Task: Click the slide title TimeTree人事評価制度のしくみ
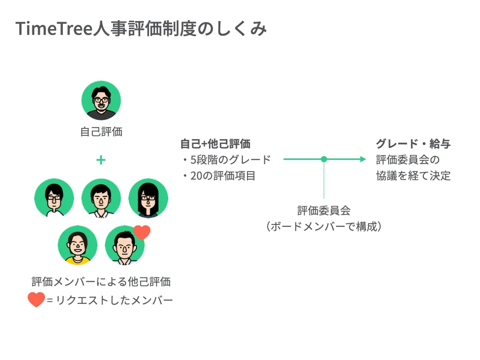[141, 29]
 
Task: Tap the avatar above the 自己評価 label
[101, 100]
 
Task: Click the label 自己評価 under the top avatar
[101, 132]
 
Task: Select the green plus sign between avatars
[101, 160]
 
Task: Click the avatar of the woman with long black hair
[148, 198]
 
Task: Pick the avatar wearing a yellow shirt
[78, 245]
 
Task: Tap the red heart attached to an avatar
[142, 232]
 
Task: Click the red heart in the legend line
[36, 300]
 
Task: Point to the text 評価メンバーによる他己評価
[101, 282]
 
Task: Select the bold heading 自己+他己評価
[215, 144]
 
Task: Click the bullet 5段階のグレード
[227, 159]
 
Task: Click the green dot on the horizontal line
[324, 159]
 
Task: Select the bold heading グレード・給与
[413, 144]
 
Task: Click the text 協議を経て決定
[413, 176]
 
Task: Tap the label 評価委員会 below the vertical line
[324, 210]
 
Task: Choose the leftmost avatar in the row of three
[54, 198]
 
